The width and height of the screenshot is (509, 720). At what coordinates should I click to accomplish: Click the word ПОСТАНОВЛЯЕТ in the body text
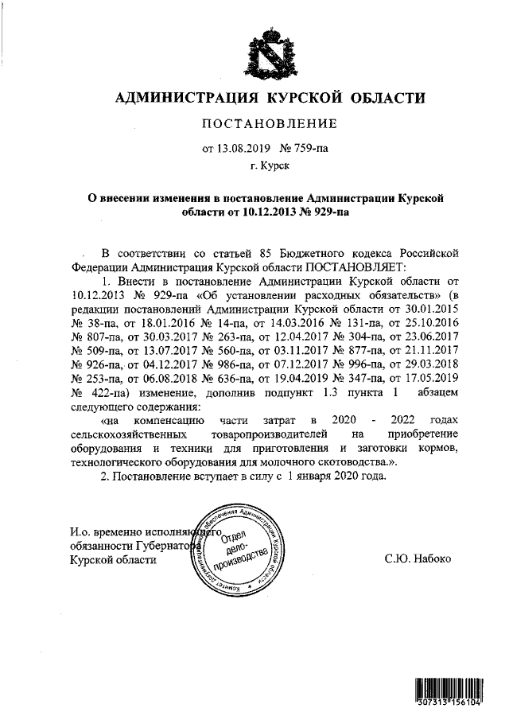pos(356,267)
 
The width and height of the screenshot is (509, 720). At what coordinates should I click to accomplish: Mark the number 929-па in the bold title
pos(323,212)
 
